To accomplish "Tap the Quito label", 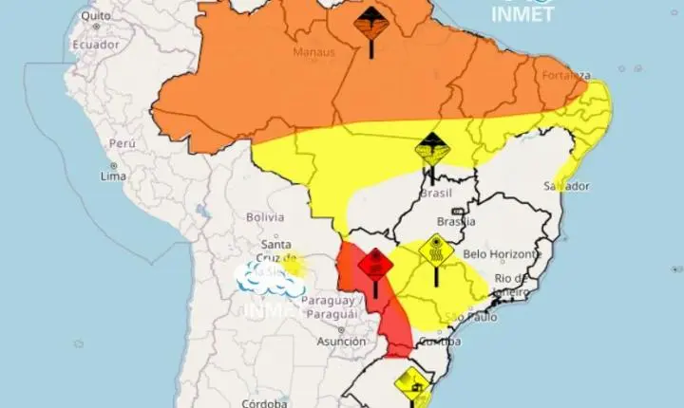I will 93,16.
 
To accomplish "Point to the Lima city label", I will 115,176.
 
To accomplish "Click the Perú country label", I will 121,142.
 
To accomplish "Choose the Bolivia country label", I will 265,217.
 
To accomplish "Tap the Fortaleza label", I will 566,75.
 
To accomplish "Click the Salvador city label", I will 568,185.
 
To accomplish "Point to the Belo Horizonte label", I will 502,254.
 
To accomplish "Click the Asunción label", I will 341,342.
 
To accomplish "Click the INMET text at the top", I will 522,14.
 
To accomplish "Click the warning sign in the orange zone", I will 370,23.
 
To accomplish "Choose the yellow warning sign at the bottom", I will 412,382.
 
